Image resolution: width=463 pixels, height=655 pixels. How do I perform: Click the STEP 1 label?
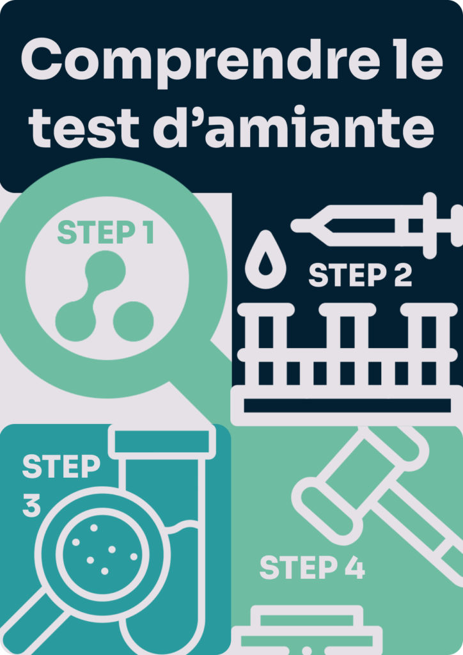(106, 233)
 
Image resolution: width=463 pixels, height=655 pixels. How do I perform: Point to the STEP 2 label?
(360, 275)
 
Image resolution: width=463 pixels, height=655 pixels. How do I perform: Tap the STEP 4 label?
(312, 567)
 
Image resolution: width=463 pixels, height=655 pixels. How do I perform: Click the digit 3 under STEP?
(32, 506)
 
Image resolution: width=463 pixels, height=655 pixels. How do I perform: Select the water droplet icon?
(265, 260)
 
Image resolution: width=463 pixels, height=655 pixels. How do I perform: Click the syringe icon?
(377, 226)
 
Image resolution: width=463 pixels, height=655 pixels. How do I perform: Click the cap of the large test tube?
(162, 441)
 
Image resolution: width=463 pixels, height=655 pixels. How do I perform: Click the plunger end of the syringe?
(457, 226)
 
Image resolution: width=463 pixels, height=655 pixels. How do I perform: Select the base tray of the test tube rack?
(347, 405)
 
